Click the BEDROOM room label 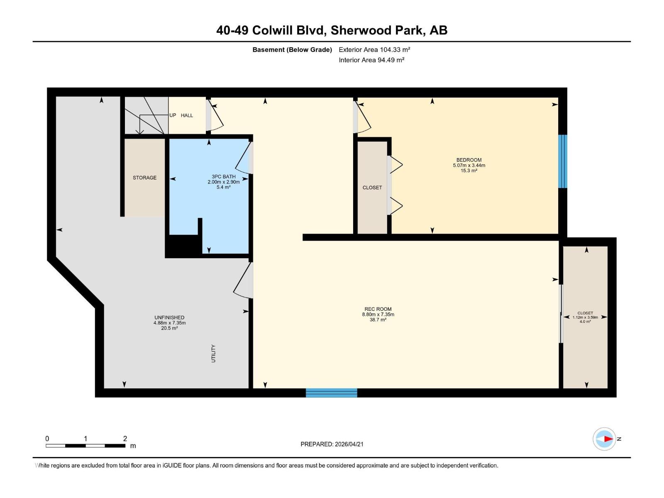469,160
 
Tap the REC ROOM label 378,309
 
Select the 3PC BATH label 223,177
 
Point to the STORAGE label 144,178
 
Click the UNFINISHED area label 169,317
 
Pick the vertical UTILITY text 213,354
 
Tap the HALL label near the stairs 187,115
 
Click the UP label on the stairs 173,115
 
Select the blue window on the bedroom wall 562,161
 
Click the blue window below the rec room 331,393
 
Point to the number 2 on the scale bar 125,439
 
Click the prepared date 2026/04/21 349,444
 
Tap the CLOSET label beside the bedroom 372,188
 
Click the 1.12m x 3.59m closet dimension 585,317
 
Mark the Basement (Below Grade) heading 292,50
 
